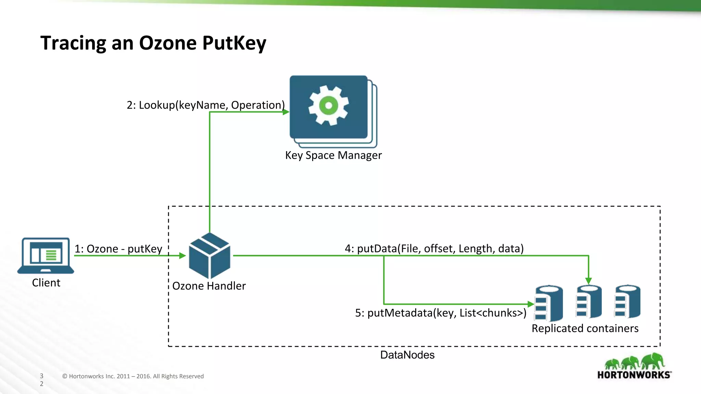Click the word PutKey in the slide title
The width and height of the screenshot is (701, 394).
click(234, 43)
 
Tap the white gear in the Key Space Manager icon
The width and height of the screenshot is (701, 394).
click(328, 105)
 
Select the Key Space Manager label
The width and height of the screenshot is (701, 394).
click(333, 155)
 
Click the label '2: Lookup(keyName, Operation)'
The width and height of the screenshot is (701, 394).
click(205, 105)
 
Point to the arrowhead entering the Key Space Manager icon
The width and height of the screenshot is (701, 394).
click(286, 112)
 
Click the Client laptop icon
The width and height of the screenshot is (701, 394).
click(46, 255)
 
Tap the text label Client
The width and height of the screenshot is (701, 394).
click(46, 283)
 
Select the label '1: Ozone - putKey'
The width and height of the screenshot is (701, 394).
click(118, 249)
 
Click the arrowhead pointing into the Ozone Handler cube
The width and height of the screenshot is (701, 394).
click(182, 255)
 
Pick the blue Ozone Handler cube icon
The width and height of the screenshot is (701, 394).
click(209, 256)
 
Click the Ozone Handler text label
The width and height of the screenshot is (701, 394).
click(209, 286)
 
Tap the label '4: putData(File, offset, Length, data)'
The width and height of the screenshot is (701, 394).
click(434, 248)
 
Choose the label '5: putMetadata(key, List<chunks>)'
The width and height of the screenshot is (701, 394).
click(441, 313)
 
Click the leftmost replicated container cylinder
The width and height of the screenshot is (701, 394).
click(549, 303)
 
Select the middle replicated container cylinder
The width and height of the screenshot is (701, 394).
click(589, 302)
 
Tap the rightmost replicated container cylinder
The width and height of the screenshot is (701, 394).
click(627, 302)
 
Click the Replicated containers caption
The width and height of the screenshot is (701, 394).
click(585, 328)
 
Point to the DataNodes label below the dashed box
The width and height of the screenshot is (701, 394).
click(407, 355)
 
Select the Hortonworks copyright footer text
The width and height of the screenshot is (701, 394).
click(133, 376)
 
